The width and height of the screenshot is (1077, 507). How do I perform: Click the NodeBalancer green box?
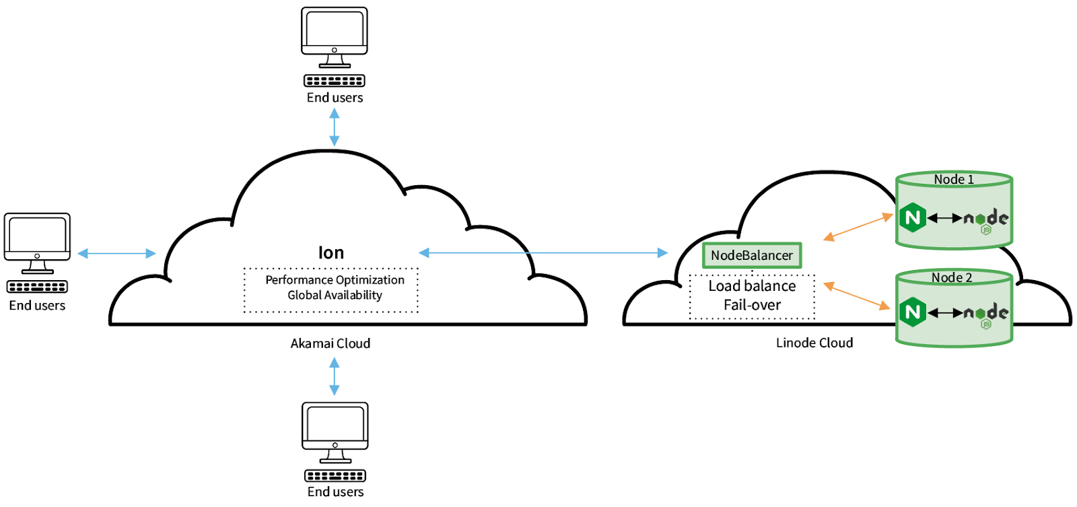pyautogui.click(x=752, y=255)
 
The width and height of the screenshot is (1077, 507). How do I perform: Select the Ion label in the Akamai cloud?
pyautogui.click(x=331, y=252)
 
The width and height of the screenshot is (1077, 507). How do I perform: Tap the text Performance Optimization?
pyautogui.click(x=335, y=279)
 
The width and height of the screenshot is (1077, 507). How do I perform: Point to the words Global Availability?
pyautogui.click(x=335, y=295)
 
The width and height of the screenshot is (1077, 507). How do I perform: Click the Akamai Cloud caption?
pyautogui.click(x=330, y=343)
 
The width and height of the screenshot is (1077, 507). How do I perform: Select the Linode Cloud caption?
pyautogui.click(x=814, y=343)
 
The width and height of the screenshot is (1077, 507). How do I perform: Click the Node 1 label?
pyautogui.click(x=953, y=179)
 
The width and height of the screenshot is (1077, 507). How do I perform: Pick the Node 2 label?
pyautogui.click(x=951, y=277)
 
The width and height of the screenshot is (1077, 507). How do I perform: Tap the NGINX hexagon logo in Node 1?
pyautogui.click(x=913, y=217)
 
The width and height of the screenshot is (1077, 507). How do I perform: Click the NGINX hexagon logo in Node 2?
pyautogui.click(x=913, y=312)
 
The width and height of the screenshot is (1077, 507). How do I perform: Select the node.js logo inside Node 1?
pyautogui.click(x=986, y=219)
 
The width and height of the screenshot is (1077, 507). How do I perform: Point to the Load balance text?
pyautogui.click(x=752, y=286)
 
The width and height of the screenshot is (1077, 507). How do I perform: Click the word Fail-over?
pyautogui.click(x=752, y=305)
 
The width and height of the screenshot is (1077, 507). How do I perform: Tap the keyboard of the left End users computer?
pyautogui.click(x=37, y=287)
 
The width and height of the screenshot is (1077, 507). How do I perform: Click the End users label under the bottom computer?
pyautogui.click(x=335, y=492)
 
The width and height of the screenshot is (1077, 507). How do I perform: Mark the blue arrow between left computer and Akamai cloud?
pyautogui.click(x=116, y=253)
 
